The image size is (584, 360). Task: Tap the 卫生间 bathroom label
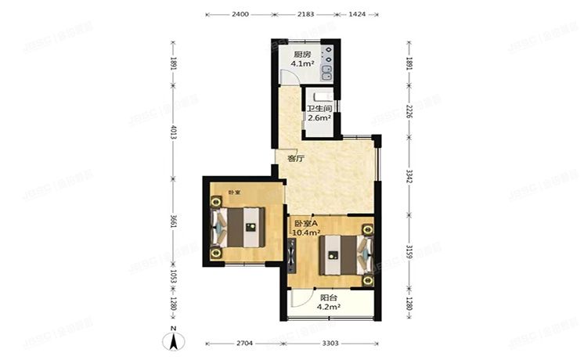318,109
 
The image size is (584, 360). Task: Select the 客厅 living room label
294,158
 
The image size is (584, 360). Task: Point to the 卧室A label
305,223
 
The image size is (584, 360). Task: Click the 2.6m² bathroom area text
319,118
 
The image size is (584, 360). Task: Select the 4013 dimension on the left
174,133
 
